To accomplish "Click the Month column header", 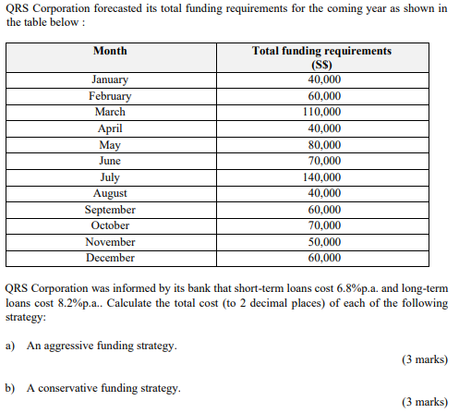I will (110, 51).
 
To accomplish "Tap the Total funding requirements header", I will (321, 51).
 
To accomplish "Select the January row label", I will (110, 79).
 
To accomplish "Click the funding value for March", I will (323, 112).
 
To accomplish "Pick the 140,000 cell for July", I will (322, 176).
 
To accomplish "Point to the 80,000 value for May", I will (323, 144).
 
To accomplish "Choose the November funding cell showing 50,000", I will (323, 241).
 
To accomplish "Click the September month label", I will (110, 209).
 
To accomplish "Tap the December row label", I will (110, 258).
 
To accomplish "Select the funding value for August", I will (323, 193).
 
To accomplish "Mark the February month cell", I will (110, 96).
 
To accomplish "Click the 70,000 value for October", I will (323, 225).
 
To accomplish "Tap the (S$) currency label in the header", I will (321, 65).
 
